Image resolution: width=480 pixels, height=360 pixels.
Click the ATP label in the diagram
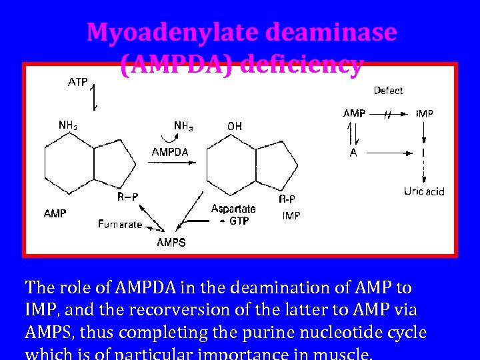click(79, 83)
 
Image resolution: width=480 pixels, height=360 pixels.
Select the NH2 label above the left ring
click(67, 125)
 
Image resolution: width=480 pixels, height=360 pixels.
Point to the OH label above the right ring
click(235, 125)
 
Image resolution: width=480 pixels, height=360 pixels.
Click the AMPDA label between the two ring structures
click(170, 152)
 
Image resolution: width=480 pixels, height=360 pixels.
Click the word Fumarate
click(120, 225)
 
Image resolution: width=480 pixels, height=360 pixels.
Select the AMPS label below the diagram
click(171, 243)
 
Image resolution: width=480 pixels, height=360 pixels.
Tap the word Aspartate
click(233, 209)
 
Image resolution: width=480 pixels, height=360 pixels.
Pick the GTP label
click(239, 221)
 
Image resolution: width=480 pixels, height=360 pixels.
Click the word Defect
click(388, 91)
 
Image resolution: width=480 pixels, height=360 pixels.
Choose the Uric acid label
click(424, 192)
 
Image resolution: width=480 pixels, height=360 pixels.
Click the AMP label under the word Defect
click(354, 114)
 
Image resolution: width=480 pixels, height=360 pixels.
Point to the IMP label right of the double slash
click(425, 114)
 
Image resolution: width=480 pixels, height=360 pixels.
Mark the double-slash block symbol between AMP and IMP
click(388, 115)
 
